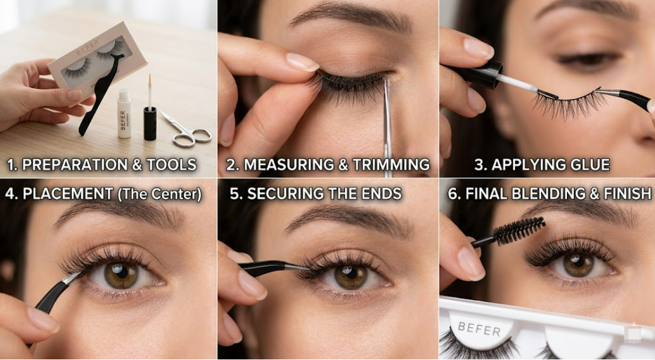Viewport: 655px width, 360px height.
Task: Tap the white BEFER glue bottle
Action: click(x=124, y=113)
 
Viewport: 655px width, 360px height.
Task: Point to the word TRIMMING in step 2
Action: click(x=391, y=165)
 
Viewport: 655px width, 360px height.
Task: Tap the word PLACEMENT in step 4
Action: click(x=68, y=194)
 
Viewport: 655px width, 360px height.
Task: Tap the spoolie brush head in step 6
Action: click(x=519, y=230)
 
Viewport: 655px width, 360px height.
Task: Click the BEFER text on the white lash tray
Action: click(x=479, y=329)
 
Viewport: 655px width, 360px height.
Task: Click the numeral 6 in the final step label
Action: click(x=452, y=194)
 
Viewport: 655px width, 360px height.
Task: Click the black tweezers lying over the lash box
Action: click(x=101, y=94)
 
